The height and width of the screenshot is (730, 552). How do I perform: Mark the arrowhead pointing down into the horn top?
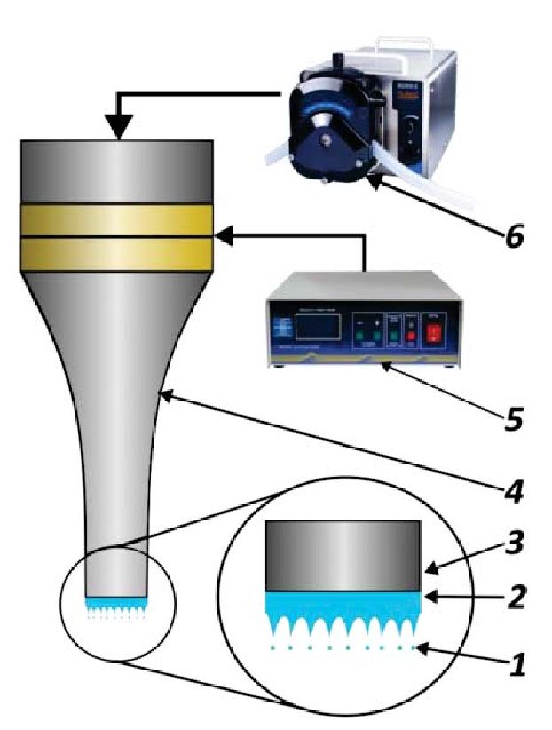pos(118,131)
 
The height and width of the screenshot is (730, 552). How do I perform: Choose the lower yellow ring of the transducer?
pos(116,253)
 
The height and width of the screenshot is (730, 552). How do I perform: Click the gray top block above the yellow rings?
pos(116,171)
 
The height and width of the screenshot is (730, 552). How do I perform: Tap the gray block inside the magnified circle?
pos(343,553)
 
